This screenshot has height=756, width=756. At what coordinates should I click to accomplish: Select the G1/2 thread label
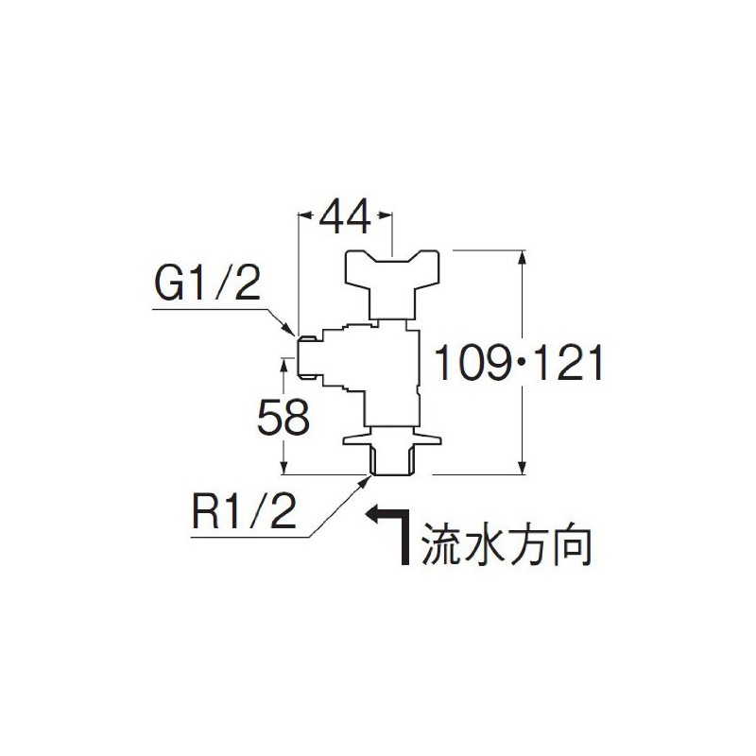[x=207, y=284]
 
